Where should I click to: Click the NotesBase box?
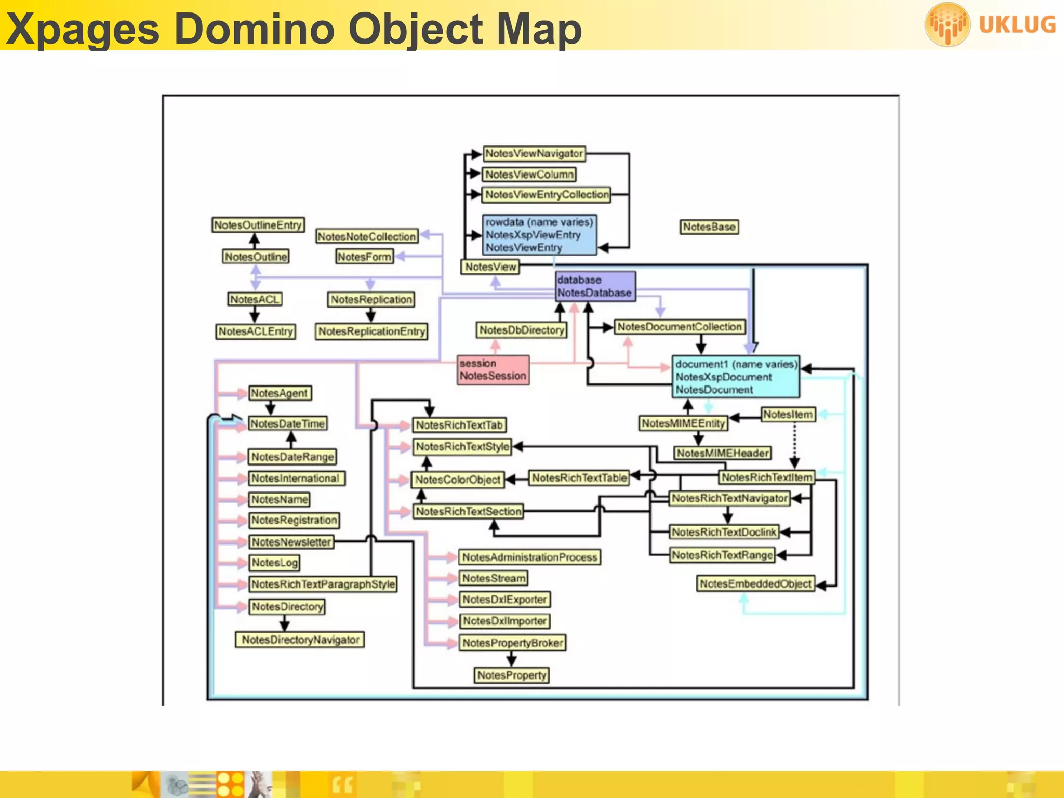pos(709,227)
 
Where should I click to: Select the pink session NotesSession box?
pos(493,370)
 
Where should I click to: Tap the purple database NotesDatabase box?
pos(595,286)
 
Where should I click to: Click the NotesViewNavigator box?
pos(534,154)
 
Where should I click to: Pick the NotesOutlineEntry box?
pos(258,225)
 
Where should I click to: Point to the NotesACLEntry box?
pos(256,331)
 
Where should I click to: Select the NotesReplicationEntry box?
pos(371,331)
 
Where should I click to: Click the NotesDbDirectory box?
pos(521,330)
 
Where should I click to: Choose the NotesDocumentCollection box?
pos(679,327)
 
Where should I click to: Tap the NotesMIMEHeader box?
pos(722,453)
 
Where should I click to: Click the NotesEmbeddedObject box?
pos(755,584)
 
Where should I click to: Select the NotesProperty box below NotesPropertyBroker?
pos(512,675)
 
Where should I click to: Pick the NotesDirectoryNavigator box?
pos(300,640)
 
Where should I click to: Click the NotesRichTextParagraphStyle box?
pos(323,584)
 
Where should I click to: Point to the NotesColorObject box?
pos(458,480)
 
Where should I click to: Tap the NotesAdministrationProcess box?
pos(529,557)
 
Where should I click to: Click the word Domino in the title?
pos(255,29)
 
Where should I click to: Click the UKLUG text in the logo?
pos(1017,25)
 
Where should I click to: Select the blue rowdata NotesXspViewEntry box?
pos(539,235)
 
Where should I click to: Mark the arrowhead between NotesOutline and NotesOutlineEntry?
pos(254,238)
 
